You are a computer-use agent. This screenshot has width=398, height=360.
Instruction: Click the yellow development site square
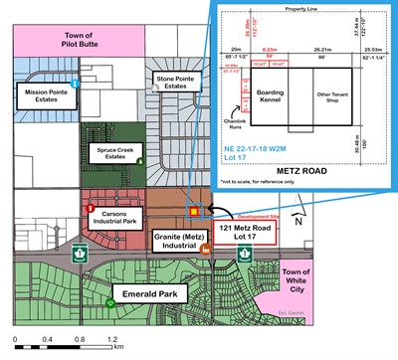[196, 210]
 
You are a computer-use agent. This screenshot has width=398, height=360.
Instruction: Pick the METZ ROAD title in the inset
[309, 182]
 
